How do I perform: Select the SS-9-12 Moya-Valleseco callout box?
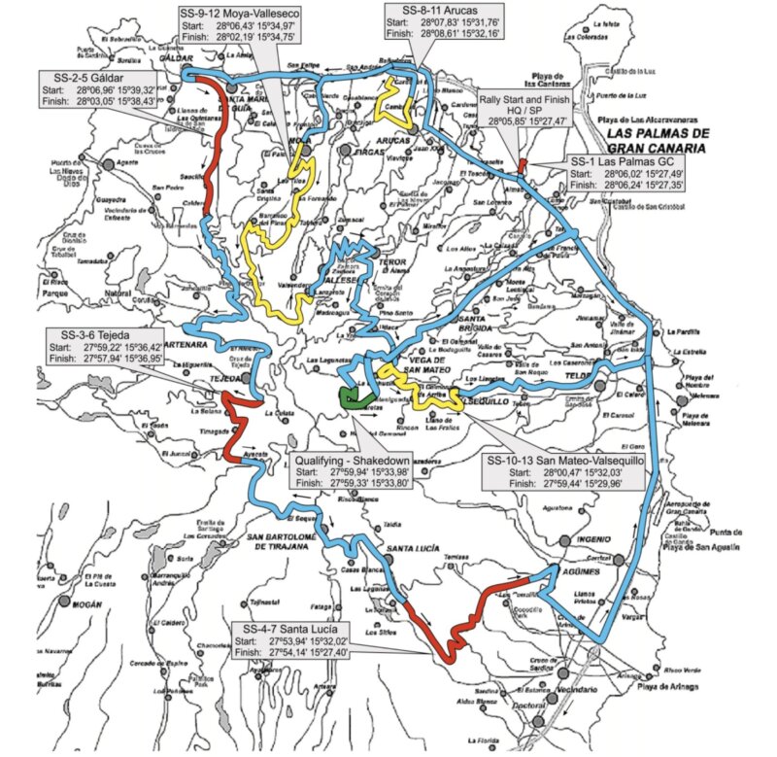[239, 24]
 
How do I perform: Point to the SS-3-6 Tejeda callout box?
[105, 349]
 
